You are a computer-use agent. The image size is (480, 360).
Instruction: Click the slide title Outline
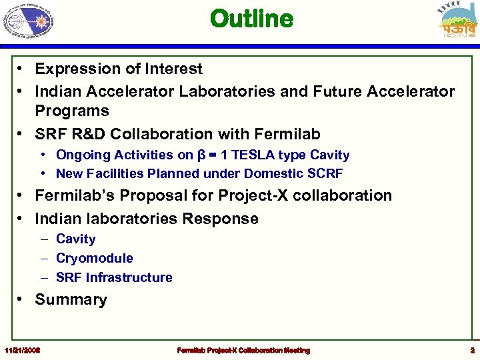[x=251, y=19]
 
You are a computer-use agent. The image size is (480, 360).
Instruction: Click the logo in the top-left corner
[x=28, y=21]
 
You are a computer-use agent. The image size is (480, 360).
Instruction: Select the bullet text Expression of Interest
[x=119, y=69]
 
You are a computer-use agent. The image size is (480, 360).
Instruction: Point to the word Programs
[x=72, y=111]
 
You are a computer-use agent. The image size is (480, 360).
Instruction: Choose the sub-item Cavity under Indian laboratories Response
[x=75, y=239]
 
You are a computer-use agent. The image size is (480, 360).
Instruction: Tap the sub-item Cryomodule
[x=94, y=258]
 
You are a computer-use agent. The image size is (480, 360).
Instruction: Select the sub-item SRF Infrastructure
[x=114, y=277]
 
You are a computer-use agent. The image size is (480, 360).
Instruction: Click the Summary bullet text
[x=71, y=300]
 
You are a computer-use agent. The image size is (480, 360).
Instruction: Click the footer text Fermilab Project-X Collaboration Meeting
[x=243, y=350]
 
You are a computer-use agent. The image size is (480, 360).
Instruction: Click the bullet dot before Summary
[x=22, y=300]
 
